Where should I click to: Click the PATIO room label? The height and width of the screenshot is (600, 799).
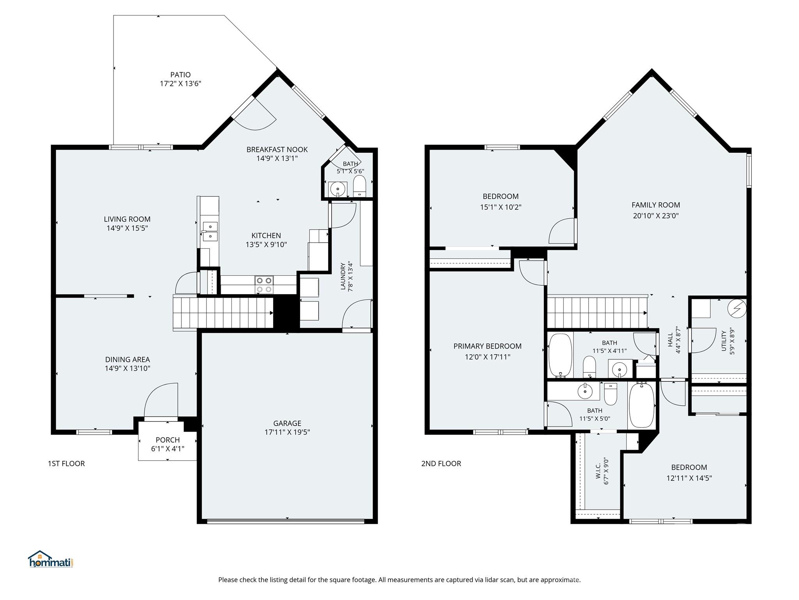(180, 75)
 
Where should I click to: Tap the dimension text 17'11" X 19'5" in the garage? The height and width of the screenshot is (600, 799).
(287, 432)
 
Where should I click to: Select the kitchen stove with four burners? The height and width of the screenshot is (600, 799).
(264, 285)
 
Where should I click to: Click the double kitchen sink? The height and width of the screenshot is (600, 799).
(210, 231)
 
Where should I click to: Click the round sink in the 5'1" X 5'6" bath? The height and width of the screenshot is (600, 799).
(337, 189)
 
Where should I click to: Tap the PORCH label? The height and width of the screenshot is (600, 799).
(168, 440)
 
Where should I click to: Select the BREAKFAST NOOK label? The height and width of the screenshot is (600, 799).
(277, 149)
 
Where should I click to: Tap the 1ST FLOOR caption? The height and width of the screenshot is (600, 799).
(66, 463)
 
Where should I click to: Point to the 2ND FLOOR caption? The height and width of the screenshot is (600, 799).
(441, 463)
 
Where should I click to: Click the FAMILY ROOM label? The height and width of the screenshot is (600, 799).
(655, 205)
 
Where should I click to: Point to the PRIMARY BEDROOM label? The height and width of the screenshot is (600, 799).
(487, 346)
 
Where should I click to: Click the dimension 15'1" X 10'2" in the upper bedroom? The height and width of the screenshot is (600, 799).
(501, 207)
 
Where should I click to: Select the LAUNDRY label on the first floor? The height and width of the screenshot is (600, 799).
(343, 276)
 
